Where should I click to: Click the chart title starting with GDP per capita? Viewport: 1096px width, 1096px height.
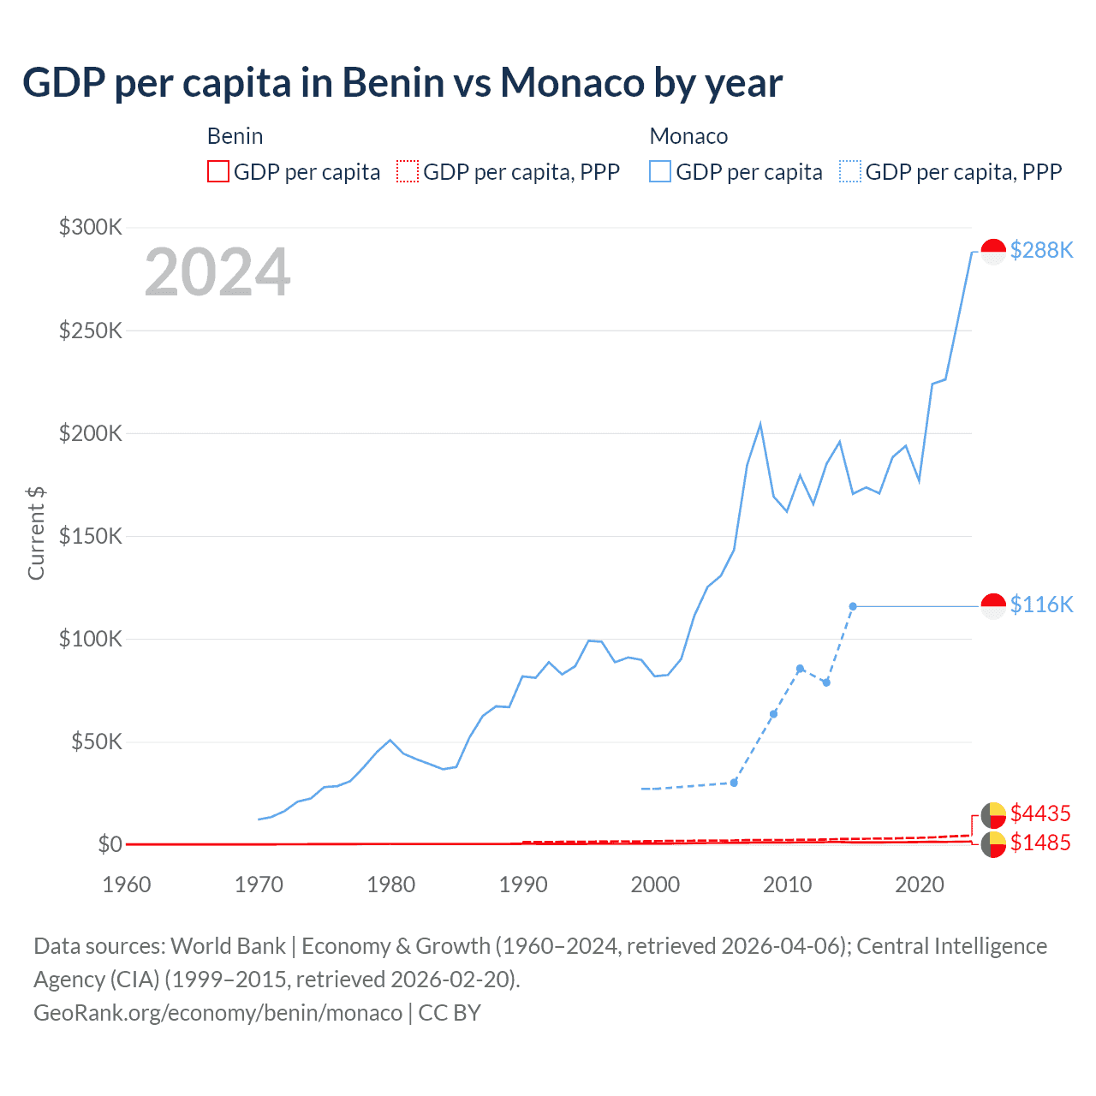(x=402, y=83)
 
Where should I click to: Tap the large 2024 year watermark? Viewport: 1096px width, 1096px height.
(x=217, y=272)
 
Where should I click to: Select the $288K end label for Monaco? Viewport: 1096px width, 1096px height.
(x=1041, y=250)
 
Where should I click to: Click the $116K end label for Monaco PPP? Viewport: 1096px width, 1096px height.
(x=1041, y=605)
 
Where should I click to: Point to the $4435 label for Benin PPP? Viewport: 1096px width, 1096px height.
(x=1040, y=813)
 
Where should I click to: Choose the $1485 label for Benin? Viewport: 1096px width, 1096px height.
(x=1040, y=843)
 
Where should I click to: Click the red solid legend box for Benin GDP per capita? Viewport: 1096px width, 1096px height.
(x=218, y=172)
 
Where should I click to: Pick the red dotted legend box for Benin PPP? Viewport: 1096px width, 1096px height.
(x=408, y=172)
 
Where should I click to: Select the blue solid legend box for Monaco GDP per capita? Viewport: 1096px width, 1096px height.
(x=660, y=172)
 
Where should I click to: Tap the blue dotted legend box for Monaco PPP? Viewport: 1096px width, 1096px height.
(x=850, y=172)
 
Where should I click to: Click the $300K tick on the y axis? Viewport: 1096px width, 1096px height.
(x=91, y=227)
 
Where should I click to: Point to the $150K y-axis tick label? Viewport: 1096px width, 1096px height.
(x=91, y=536)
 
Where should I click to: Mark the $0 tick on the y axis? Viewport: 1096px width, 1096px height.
(x=110, y=844)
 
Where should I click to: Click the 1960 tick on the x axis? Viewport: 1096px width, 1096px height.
(x=127, y=885)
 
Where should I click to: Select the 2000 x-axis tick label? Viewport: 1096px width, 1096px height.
(x=655, y=885)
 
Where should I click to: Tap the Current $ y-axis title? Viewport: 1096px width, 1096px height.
(x=36, y=533)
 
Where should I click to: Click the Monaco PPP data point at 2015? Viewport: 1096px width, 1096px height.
(x=853, y=606)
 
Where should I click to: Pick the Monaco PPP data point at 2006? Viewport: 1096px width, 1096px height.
(x=734, y=783)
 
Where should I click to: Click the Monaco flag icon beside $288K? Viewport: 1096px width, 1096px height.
(x=993, y=251)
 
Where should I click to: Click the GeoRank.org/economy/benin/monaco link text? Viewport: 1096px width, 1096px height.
(x=217, y=1013)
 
